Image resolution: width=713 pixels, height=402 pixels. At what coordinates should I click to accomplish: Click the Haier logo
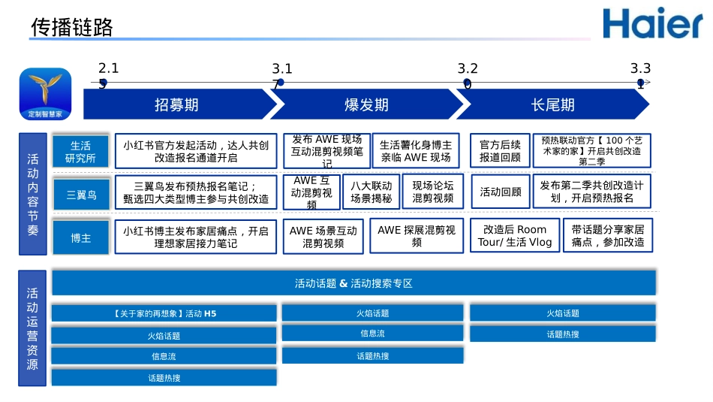[652, 23]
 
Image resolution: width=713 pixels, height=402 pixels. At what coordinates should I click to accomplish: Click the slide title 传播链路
[72, 28]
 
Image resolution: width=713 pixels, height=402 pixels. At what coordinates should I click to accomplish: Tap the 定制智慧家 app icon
[45, 94]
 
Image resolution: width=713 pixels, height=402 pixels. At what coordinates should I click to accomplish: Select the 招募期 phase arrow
[177, 104]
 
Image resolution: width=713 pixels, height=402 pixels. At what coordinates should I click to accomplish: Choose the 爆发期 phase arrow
[366, 104]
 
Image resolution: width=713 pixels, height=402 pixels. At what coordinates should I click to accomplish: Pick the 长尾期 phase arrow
[552, 104]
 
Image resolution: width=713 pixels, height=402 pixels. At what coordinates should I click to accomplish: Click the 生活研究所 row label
[81, 152]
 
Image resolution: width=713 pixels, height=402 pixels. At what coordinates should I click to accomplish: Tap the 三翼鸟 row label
[81, 195]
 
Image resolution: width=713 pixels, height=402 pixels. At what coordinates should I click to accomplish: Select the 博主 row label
[81, 237]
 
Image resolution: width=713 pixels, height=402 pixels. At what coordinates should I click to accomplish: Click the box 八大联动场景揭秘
[372, 192]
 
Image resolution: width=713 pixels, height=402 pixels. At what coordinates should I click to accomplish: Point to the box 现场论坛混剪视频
[433, 192]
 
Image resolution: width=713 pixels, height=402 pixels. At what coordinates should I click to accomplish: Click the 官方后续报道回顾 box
[500, 151]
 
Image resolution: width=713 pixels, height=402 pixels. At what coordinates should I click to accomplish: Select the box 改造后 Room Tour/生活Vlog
[515, 236]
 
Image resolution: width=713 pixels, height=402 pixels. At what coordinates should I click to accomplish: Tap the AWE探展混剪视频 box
[417, 236]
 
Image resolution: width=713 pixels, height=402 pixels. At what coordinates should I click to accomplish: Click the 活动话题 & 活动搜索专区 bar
[353, 283]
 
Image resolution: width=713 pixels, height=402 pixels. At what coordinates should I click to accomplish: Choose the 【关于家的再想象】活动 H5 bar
[164, 313]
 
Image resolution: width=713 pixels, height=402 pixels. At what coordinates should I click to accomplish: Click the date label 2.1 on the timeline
[109, 68]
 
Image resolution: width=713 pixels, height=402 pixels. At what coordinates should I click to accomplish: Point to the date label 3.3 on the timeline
[640, 68]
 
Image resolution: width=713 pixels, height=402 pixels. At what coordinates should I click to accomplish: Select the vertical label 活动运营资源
[32, 328]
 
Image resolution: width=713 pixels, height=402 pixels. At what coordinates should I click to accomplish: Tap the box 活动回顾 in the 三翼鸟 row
[500, 192]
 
